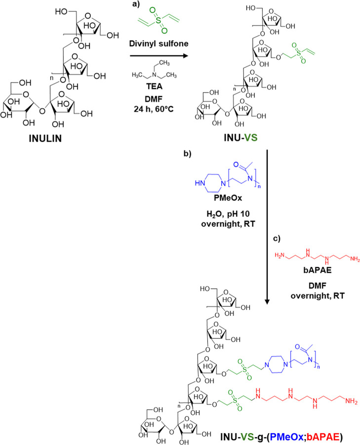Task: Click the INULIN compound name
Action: pyautogui.click(x=45, y=138)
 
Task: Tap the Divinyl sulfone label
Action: pyautogui.click(x=159, y=43)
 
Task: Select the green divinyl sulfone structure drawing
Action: pyautogui.click(x=159, y=20)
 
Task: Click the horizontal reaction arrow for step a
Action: pyautogui.click(x=159, y=56)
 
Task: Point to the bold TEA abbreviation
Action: pyautogui.click(x=154, y=86)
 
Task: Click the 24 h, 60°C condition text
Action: pyautogui.click(x=154, y=109)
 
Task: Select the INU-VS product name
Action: pyautogui.click(x=240, y=138)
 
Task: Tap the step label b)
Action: pyautogui.click(x=188, y=154)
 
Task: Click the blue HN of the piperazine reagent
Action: pyautogui.click(x=200, y=183)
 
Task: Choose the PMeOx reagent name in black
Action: pyautogui.click(x=228, y=198)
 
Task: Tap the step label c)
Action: pyautogui.click(x=277, y=239)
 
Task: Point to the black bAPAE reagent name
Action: pyautogui.click(x=318, y=270)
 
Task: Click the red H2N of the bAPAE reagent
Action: pyautogui.click(x=280, y=256)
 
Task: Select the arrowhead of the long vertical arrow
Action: pyautogui.click(x=267, y=302)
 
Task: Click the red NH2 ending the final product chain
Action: pyautogui.click(x=351, y=401)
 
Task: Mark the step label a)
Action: pyautogui.click(x=136, y=4)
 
